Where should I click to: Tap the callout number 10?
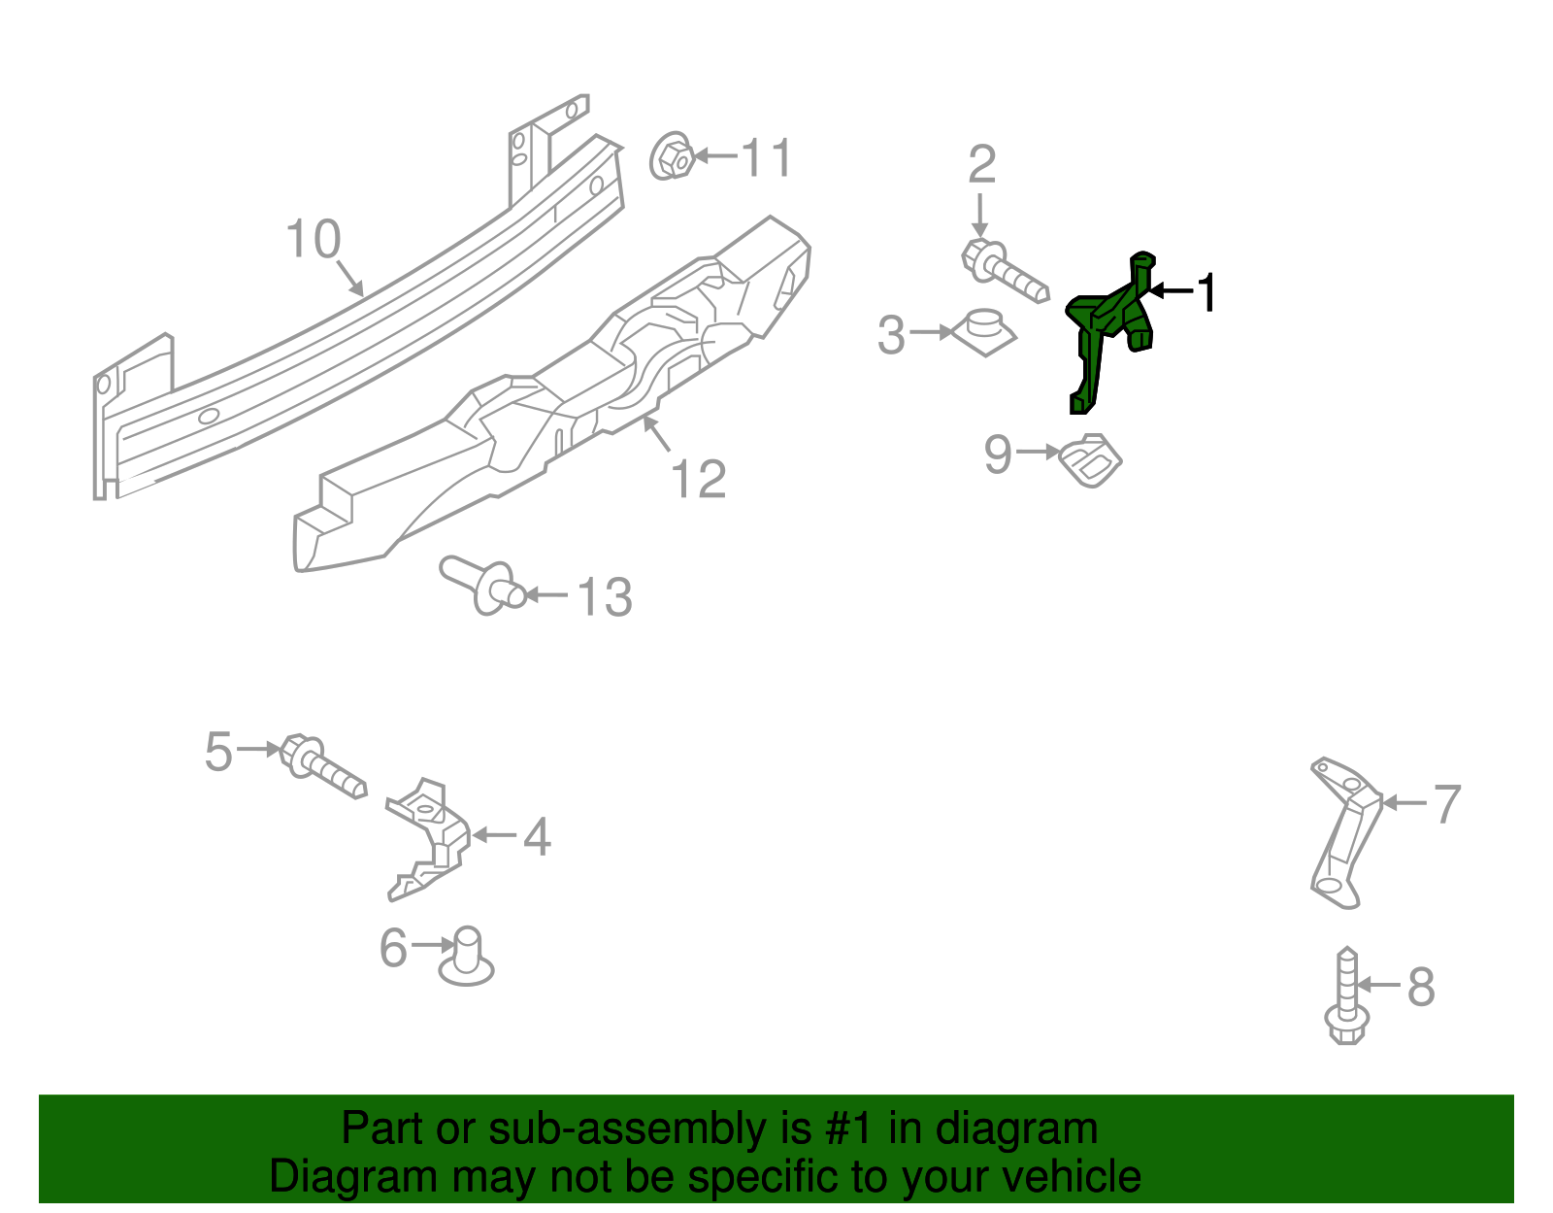(x=313, y=239)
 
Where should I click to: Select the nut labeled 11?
(x=670, y=156)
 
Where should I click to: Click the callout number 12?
(x=698, y=479)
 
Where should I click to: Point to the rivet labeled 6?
(x=467, y=957)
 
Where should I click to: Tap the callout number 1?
(x=1206, y=292)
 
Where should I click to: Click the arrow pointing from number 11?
(x=715, y=155)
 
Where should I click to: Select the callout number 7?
(x=1446, y=803)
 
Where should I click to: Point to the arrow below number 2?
(x=980, y=214)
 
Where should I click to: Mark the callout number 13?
(x=604, y=596)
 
